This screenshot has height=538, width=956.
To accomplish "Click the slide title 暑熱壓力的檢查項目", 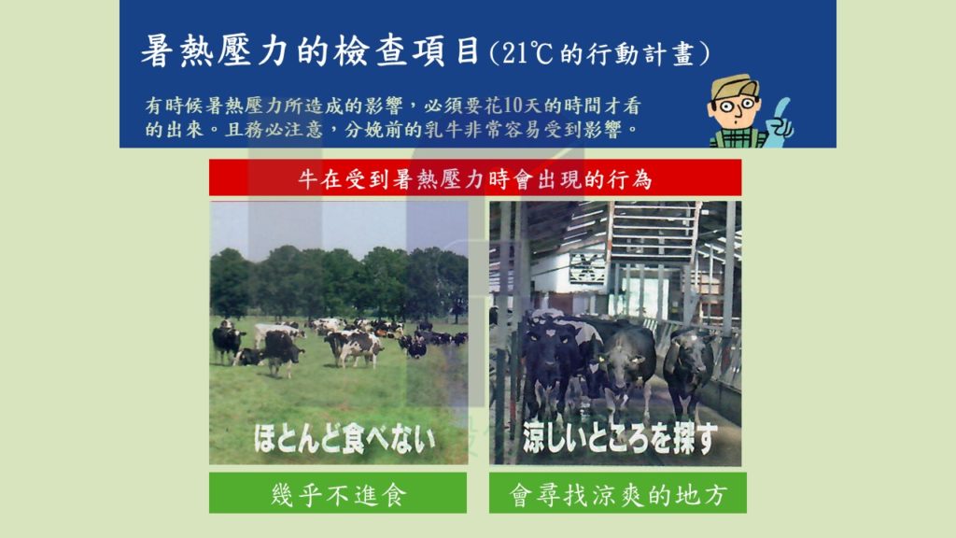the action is [x=311, y=50].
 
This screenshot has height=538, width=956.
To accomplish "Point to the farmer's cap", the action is [x=734, y=85].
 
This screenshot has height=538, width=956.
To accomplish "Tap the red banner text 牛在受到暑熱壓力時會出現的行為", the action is [x=475, y=179].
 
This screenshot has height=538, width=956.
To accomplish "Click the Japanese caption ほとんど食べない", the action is [x=345, y=439].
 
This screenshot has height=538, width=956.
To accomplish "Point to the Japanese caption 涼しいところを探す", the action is [x=620, y=438].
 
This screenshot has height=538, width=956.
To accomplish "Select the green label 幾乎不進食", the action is [x=338, y=494].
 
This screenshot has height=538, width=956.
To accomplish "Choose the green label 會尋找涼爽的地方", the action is [x=618, y=494].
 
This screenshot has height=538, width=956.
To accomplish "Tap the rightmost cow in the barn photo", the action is [x=688, y=369].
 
